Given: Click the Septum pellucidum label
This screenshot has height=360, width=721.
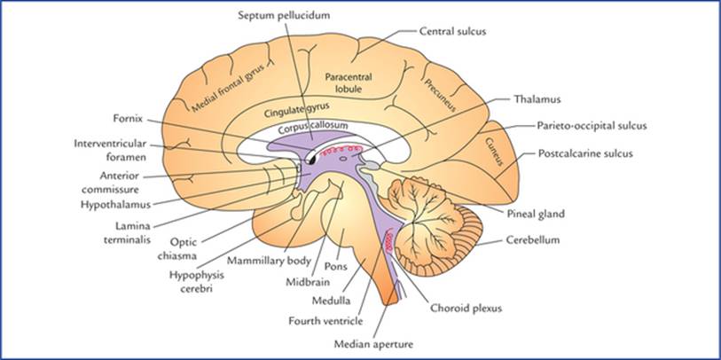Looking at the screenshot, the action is (284, 15).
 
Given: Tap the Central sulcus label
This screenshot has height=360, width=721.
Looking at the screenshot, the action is (452, 31).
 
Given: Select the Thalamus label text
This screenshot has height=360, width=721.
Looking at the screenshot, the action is (531, 98).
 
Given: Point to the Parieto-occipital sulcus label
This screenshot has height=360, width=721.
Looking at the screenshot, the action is (592, 126).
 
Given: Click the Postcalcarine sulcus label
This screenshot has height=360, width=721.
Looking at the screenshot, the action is (585, 153).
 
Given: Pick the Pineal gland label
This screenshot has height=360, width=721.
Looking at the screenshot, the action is (536, 214).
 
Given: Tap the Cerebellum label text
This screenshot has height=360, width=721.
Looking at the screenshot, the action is (532, 240).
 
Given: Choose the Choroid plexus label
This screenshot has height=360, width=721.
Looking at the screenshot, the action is (466, 309).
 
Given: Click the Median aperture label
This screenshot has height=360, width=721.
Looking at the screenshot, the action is (373, 343).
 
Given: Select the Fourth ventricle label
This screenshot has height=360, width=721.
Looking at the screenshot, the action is (325, 320).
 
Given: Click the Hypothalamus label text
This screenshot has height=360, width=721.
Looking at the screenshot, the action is (116, 205).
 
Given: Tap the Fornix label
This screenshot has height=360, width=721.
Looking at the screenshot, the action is (128, 119).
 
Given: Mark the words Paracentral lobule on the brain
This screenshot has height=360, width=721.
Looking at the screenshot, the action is (349, 82).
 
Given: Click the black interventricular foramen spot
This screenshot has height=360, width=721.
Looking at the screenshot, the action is (312, 160).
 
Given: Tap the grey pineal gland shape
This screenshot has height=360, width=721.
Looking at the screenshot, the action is (372, 166).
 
